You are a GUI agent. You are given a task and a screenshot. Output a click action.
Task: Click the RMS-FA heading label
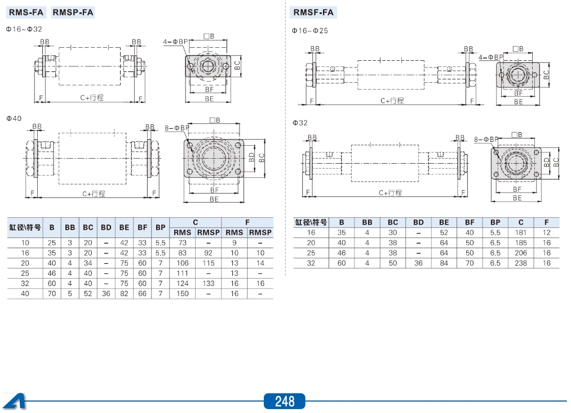[26, 12]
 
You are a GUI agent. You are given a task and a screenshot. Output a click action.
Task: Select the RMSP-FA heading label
[73, 12]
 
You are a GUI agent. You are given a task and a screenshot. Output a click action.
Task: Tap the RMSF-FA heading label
[313, 12]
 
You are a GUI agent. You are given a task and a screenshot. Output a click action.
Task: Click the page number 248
[285, 401]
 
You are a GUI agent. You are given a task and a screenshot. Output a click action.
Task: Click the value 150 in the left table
[182, 293]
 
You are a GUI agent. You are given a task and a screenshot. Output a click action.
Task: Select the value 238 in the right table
[521, 263]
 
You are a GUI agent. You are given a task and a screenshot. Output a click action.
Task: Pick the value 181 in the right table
[521, 232]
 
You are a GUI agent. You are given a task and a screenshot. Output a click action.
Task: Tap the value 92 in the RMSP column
[208, 253]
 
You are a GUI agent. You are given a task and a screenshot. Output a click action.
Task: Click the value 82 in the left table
[124, 293]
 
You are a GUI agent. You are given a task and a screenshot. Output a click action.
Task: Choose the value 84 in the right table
[444, 263]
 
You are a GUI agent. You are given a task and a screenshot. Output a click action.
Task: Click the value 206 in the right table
[521, 253]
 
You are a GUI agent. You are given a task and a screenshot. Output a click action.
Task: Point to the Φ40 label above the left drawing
[14, 118]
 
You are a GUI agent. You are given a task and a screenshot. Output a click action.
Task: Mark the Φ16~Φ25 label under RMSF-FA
[309, 30]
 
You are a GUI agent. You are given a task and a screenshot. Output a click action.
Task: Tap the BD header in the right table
[418, 222]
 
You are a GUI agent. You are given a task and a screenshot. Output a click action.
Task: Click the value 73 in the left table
[182, 243]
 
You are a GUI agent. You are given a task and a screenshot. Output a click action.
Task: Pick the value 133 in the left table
[208, 283]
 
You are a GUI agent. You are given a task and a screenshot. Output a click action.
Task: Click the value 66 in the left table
[143, 293]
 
